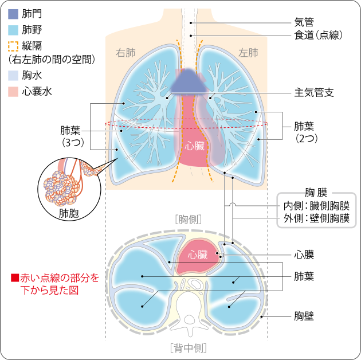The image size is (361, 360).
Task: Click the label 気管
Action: [x=304, y=22]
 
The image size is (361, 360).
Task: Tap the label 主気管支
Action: [x=314, y=92]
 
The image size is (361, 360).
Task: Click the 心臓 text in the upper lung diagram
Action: [x=195, y=146]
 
